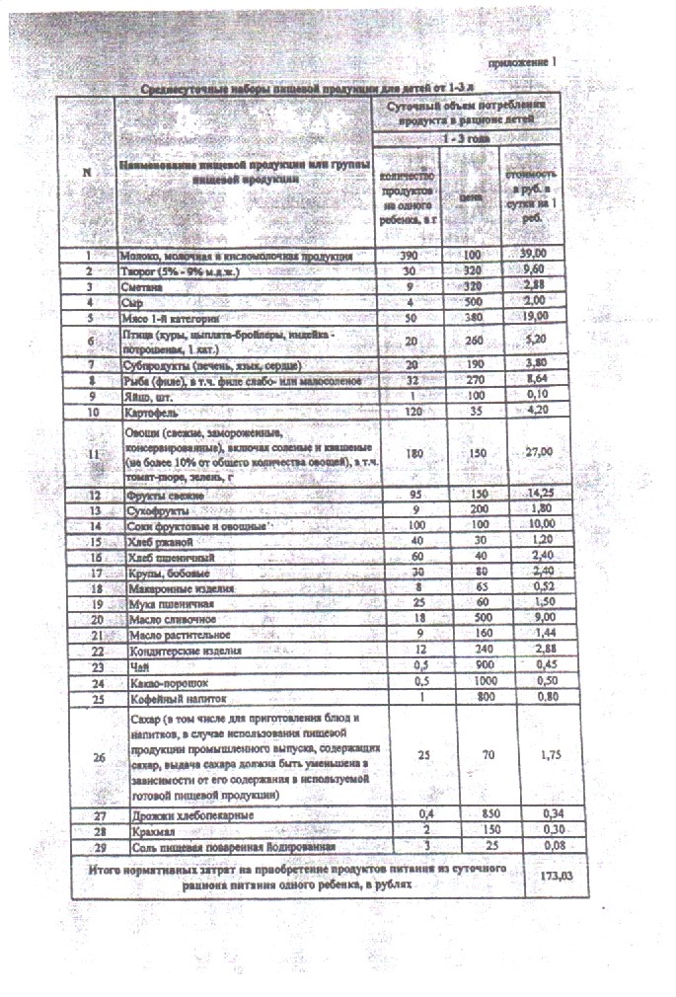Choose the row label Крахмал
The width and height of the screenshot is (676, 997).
[142, 831]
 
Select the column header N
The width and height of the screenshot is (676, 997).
[87, 172]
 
